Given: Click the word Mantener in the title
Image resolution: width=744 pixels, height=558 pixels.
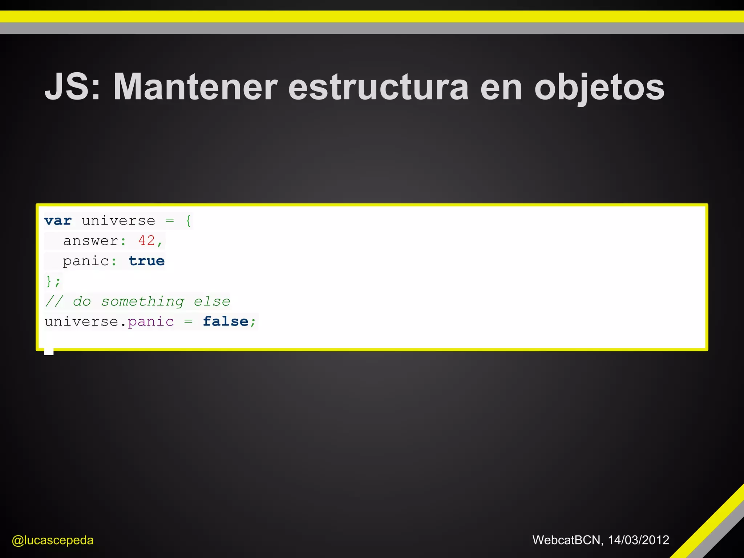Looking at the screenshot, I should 195,87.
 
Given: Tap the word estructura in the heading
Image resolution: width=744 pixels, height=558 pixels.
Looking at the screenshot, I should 378,87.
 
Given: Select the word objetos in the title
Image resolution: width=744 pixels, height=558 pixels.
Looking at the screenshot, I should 599,87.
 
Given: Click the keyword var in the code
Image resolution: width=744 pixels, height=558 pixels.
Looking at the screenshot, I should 58,221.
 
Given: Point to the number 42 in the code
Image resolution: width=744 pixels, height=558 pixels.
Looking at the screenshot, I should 146,240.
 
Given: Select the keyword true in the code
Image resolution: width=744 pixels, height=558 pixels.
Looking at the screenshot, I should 146,261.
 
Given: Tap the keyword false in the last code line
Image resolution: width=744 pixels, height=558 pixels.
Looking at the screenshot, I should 225,322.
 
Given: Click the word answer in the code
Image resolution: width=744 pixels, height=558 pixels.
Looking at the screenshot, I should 90,241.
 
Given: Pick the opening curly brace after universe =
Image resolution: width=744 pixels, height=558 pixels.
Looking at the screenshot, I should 188,221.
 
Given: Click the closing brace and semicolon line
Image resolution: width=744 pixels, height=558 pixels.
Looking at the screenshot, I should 53,281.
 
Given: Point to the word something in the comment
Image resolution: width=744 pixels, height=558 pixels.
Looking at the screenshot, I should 142,302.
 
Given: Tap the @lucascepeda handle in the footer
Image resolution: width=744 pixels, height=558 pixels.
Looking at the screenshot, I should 53,540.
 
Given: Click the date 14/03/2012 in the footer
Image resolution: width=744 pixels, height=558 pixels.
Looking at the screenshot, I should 638,540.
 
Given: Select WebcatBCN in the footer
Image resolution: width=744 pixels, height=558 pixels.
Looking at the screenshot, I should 566,540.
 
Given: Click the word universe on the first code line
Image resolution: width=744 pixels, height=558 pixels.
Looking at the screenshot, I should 118,221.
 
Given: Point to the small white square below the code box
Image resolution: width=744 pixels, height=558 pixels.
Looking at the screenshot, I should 49,351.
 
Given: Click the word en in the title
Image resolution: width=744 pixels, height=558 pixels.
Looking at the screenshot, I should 501,87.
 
